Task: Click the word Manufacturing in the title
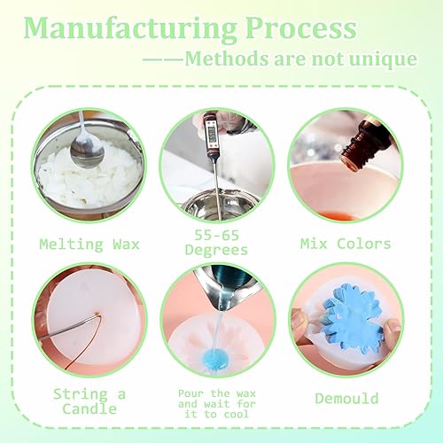click(x=130, y=29)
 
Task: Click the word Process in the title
click(x=301, y=28)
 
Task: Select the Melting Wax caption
click(x=89, y=245)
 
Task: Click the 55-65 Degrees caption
click(x=216, y=243)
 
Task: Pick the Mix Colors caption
click(x=346, y=244)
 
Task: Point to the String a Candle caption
click(x=89, y=401)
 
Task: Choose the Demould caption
click(x=346, y=399)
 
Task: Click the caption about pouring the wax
click(x=217, y=404)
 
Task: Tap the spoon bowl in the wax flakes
click(x=87, y=152)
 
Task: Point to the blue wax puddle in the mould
click(x=214, y=358)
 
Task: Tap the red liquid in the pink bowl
click(x=337, y=216)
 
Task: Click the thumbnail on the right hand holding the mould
click(x=392, y=326)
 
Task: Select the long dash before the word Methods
click(x=163, y=59)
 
